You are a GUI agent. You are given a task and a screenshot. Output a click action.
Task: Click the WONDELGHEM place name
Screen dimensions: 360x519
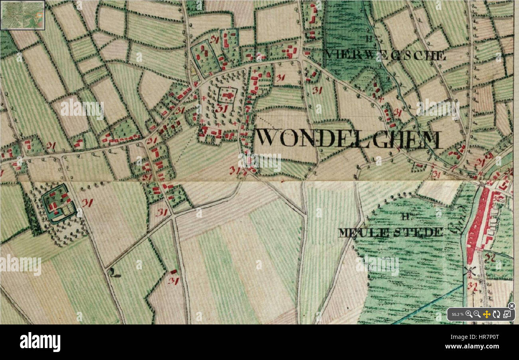pyautogui.click(x=349, y=138)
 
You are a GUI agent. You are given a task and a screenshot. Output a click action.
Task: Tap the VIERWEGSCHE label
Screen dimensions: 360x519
pyautogui.click(x=386, y=55)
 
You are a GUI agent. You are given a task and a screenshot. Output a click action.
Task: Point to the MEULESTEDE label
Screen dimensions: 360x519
pyautogui.click(x=390, y=232)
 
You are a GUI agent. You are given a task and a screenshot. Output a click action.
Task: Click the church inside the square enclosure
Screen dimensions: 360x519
pyautogui.click(x=228, y=96)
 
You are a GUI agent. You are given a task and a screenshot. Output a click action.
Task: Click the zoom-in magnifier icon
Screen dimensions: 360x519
pyautogui.click(x=469, y=314)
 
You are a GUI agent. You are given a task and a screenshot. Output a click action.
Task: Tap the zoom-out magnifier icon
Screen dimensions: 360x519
pyautogui.click(x=477, y=314)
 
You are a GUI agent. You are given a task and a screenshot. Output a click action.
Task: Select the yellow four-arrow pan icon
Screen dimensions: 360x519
pyautogui.click(x=486, y=314)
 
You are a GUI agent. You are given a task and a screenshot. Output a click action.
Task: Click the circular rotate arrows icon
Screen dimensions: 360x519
pyautogui.click(x=496, y=314)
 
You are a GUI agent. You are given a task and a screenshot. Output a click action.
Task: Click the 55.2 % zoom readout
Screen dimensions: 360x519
pyautogui.click(x=457, y=315)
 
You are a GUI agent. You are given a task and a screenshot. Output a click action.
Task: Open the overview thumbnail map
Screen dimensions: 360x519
pyautogui.click(x=22, y=15)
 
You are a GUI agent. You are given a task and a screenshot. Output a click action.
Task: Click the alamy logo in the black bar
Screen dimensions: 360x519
pyautogui.click(x=40, y=342)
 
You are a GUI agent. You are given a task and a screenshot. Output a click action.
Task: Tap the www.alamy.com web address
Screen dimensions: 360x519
pyautogui.click(x=472, y=346)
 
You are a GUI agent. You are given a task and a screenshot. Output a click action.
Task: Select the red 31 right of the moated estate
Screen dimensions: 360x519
pyautogui.click(x=87, y=203)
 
